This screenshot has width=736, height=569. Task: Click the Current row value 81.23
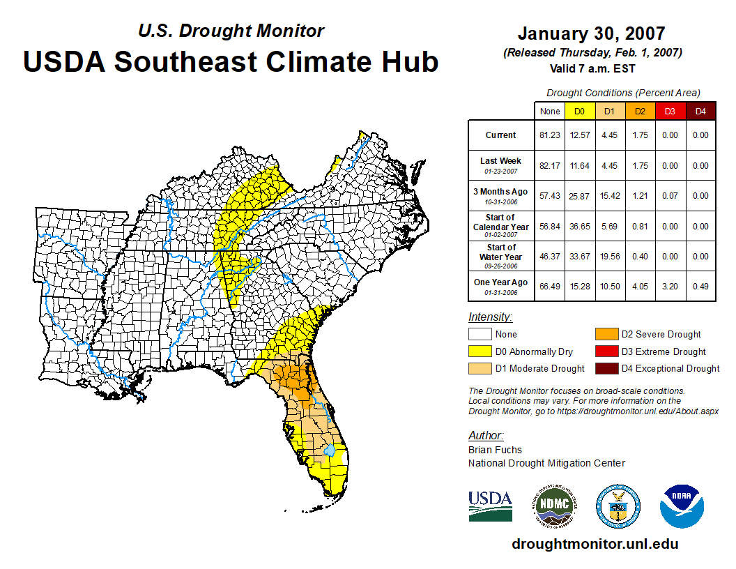coord(550,135)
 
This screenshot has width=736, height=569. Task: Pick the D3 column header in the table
coord(670,111)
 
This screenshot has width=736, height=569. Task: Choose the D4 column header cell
coord(700,111)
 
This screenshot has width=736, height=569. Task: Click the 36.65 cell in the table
coord(580,226)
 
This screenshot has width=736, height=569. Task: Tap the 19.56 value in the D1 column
coord(610,256)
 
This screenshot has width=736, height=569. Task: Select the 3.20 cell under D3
coord(670,286)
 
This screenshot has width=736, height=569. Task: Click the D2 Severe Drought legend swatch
coord(606,334)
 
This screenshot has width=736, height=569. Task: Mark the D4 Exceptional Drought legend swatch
coord(606,368)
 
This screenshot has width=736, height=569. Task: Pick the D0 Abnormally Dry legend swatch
coord(480,351)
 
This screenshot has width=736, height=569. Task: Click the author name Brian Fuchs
coord(495,450)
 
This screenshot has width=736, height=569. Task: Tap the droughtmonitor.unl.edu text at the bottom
coord(595,544)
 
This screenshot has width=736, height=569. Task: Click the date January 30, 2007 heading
coord(591,33)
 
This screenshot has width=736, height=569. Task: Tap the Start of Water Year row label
coord(501,256)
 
